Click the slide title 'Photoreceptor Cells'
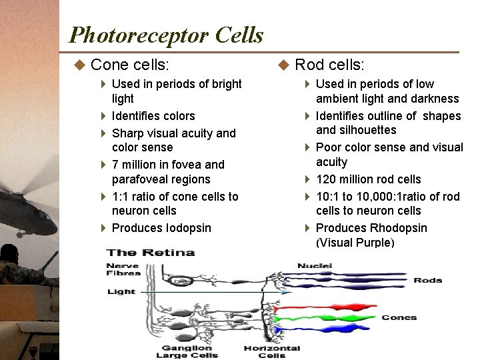(166, 35)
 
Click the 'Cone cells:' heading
(129, 65)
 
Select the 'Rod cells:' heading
(329, 65)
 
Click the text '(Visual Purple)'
(355, 243)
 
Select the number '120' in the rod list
(326, 179)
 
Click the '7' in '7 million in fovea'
(116, 165)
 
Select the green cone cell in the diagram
(327, 318)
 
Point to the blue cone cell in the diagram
(327, 328)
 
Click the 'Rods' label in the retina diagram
(427, 280)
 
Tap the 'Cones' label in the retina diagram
(399, 317)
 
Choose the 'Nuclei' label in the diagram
(314, 265)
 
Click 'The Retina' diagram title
(151, 252)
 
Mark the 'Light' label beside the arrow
(121, 291)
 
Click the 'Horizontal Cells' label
(271, 351)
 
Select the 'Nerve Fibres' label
(123, 269)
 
